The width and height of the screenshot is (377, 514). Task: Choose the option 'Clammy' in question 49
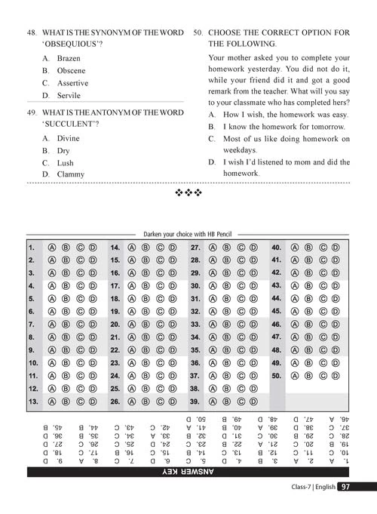tap(71, 174)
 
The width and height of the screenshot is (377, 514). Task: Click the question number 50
tap(198, 33)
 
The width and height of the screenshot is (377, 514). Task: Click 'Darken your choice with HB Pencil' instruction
tap(188, 235)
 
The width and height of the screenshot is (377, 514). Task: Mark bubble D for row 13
tap(92, 402)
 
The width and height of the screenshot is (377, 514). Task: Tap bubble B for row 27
tap(227, 247)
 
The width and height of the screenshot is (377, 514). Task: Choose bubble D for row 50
tap(335, 375)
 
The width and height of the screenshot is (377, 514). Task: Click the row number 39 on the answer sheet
tap(195, 402)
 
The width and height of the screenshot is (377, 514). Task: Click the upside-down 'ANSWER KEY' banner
tap(188, 472)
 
